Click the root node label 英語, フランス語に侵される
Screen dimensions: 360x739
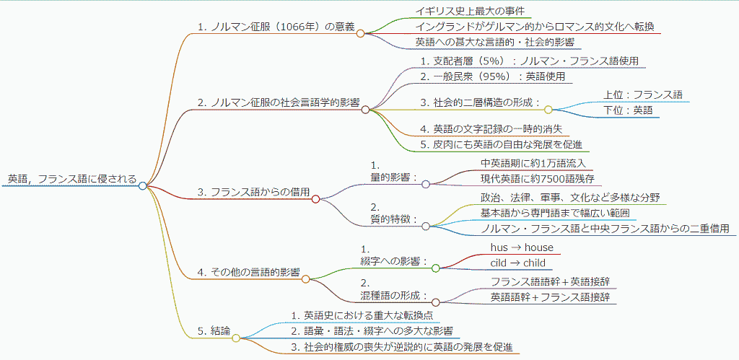[x=71, y=179]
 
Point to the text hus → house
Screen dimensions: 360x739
[x=522, y=247]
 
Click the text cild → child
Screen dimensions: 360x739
[x=518, y=263]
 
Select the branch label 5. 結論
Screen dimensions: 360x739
[x=214, y=330]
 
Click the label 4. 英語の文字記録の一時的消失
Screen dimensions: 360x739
[x=491, y=129]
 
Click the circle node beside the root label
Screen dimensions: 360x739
[x=143, y=185]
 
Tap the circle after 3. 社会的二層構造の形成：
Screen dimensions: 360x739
[x=548, y=110]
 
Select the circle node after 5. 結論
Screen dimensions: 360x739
[x=236, y=337]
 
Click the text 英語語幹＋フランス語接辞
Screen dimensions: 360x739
[x=551, y=297]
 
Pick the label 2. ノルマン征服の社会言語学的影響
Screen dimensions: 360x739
[x=278, y=102]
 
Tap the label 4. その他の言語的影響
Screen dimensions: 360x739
[x=248, y=272]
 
